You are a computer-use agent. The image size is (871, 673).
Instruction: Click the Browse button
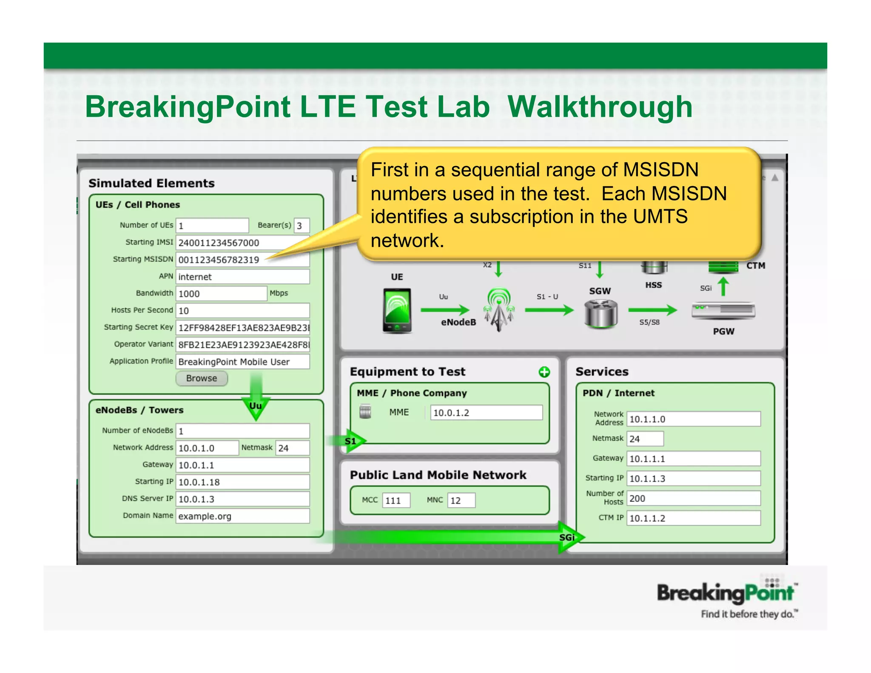tap(202, 378)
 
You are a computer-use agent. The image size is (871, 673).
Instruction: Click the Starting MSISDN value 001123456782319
tap(219, 260)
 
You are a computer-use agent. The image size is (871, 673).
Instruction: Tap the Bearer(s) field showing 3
tap(302, 225)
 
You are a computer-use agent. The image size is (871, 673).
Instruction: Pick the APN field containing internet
tap(242, 277)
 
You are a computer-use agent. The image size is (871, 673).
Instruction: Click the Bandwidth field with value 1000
tap(221, 294)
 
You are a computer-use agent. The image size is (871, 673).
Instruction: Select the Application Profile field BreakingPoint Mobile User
tap(242, 362)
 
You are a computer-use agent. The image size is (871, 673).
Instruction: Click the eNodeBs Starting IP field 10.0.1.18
tap(242, 482)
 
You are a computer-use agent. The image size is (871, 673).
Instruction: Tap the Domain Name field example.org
tap(242, 516)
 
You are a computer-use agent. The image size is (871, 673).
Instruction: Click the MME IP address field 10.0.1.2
tap(486, 413)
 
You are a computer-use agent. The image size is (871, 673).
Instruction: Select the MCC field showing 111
tap(396, 500)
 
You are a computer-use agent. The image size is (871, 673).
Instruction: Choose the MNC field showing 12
tap(461, 500)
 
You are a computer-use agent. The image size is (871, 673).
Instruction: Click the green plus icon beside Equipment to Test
tap(544, 372)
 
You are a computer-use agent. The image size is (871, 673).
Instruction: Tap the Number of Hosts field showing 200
tap(693, 498)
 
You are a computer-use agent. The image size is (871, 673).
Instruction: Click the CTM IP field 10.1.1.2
tap(693, 518)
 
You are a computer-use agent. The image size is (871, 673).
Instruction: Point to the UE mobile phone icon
tap(397, 311)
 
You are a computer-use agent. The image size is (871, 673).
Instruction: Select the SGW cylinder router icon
tap(600, 314)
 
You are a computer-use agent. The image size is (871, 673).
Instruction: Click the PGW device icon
tap(723, 311)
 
